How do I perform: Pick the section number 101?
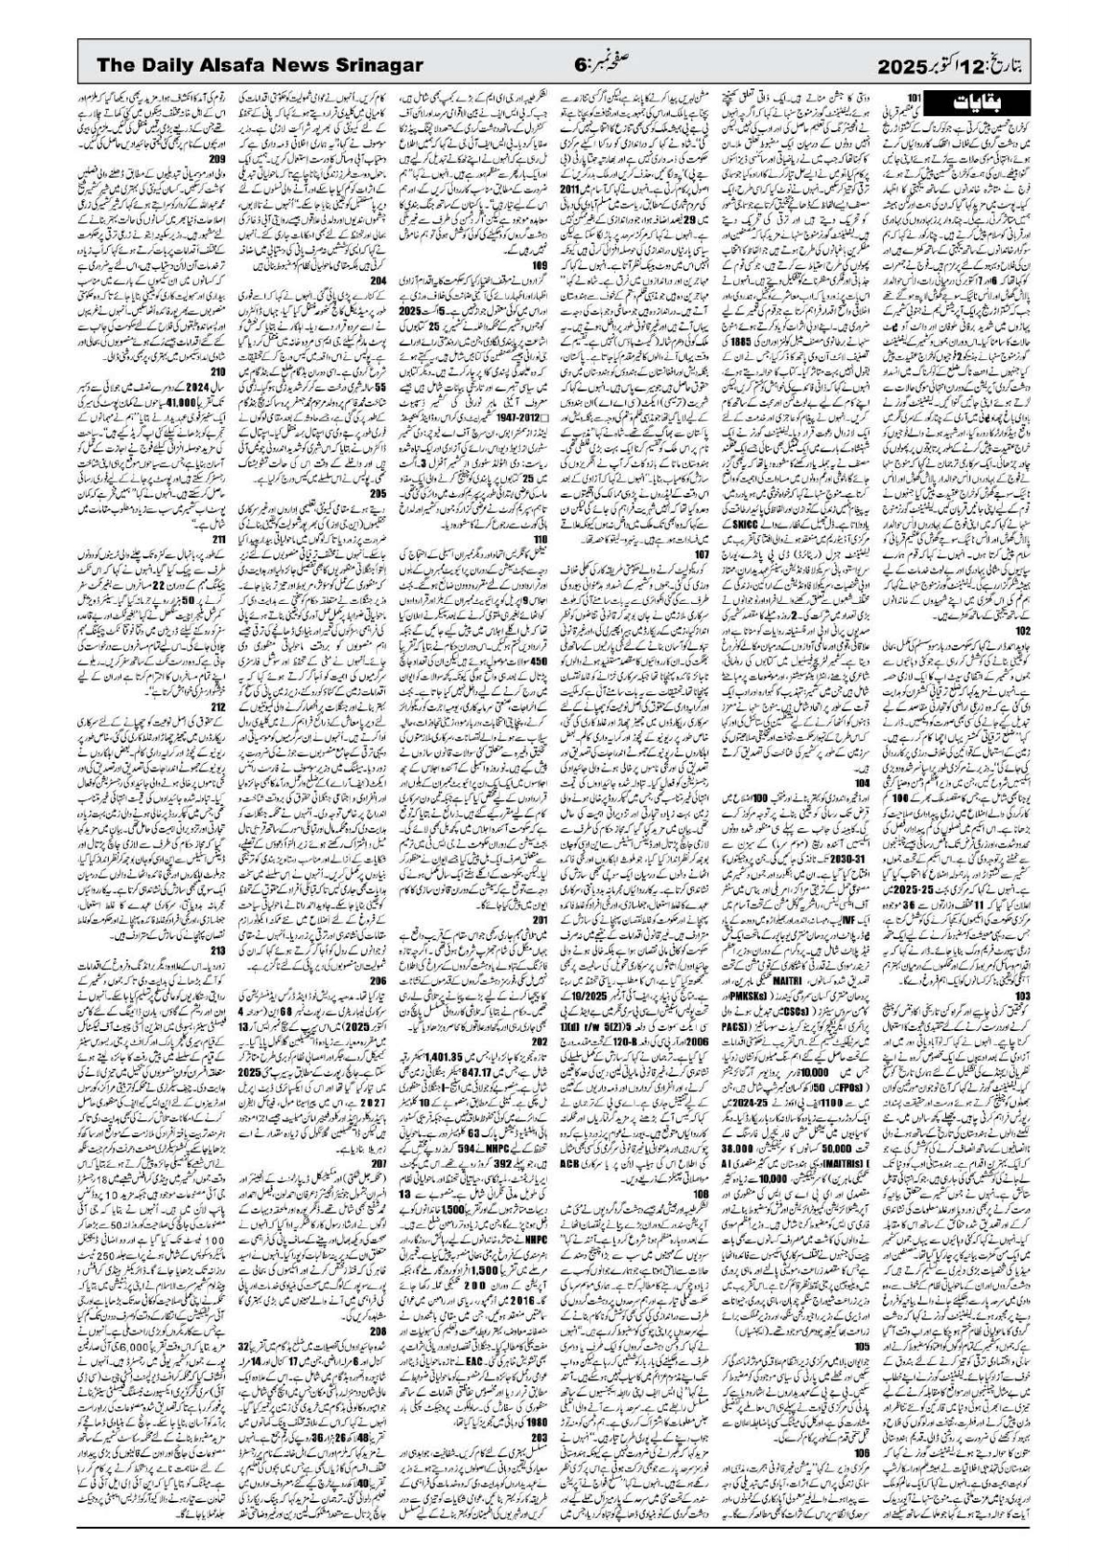coord(914,97)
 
